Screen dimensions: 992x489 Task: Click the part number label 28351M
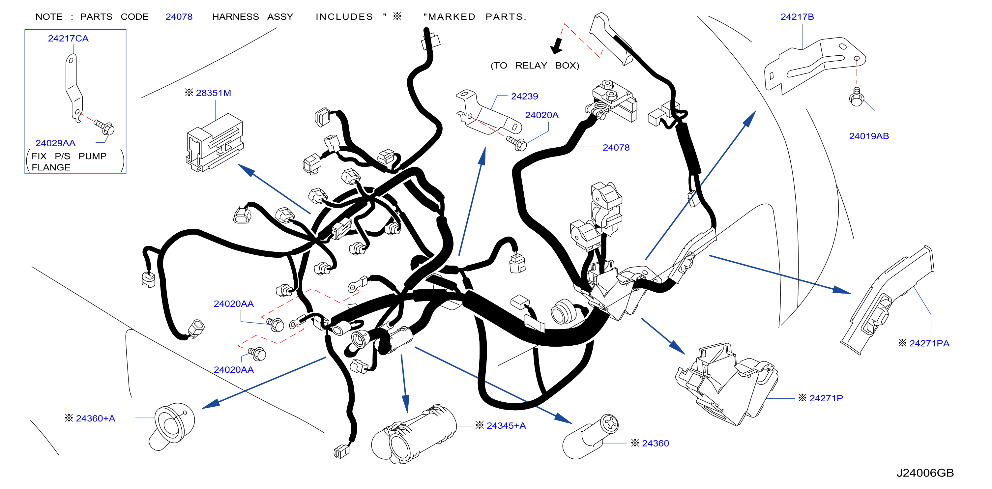click(213, 93)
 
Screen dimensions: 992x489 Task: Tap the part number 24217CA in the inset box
click(68, 39)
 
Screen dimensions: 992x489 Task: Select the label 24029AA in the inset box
click(55, 143)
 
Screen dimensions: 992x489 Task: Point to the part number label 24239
click(524, 96)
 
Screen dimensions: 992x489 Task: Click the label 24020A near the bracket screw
click(542, 115)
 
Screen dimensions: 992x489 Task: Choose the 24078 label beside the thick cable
click(616, 148)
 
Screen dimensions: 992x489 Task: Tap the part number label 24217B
click(797, 17)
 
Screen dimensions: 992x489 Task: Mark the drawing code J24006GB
click(925, 473)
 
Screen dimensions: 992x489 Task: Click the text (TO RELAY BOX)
click(535, 66)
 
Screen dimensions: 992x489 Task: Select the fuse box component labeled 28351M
click(215, 142)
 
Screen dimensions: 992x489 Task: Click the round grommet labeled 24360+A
click(172, 425)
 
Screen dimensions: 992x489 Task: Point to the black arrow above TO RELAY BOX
click(557, 46)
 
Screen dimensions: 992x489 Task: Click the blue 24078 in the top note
click(179, 17)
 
